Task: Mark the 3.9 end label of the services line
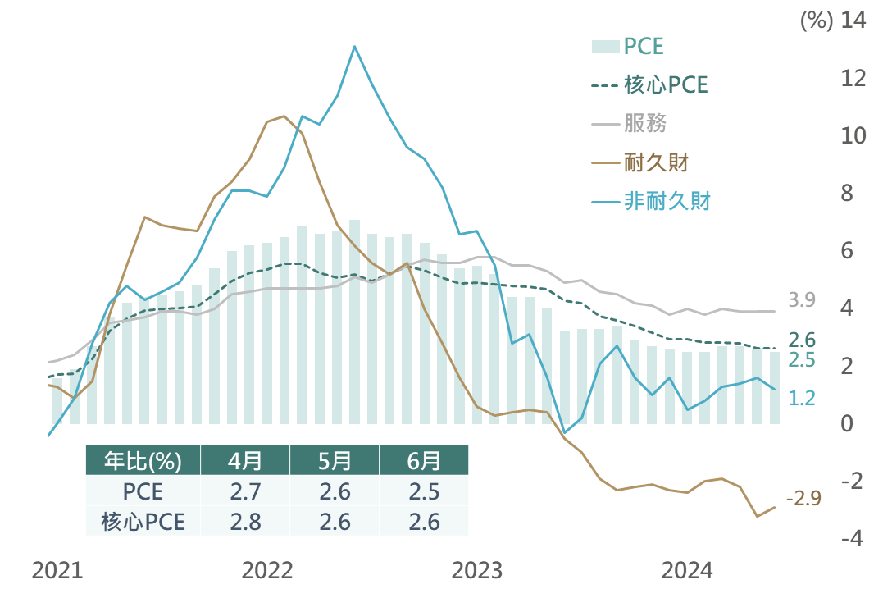pos(802,300)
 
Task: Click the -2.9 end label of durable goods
pos(803,499)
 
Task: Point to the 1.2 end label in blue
pos(802,398)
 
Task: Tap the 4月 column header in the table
pos(245,460)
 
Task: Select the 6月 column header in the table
pos(423,460)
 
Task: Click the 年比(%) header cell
pos(143,460)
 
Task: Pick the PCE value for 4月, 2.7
pos(245,491)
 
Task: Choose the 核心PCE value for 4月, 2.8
pos(245,522)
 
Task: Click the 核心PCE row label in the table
pos(143,522)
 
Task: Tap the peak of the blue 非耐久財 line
pos(354,46)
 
